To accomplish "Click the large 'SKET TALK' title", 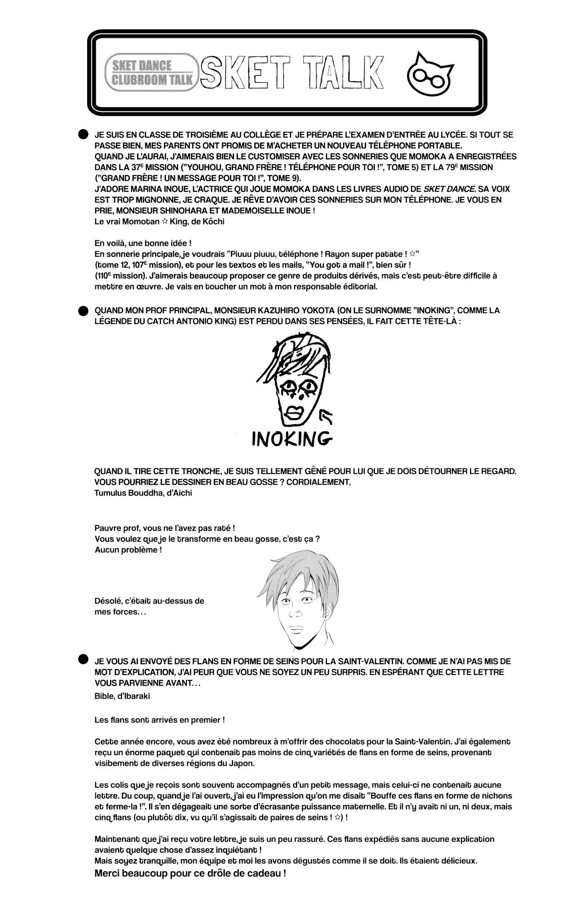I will (292, 73).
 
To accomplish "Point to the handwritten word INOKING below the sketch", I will (291, 438).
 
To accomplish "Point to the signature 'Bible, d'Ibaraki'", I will (122, 696).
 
